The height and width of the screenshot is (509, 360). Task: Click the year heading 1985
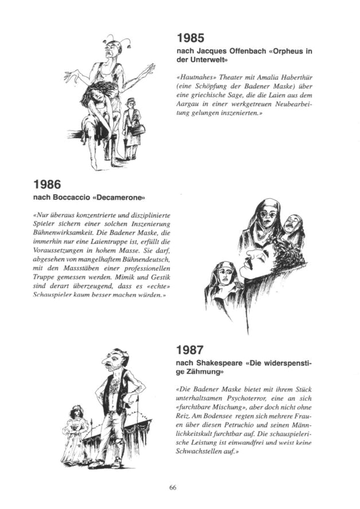(x=190, y=39)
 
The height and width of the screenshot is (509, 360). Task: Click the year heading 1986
(x=47, y=185)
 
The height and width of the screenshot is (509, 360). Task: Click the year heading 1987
(x=190, y=350)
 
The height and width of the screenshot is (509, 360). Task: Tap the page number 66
(x=173, y=487)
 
